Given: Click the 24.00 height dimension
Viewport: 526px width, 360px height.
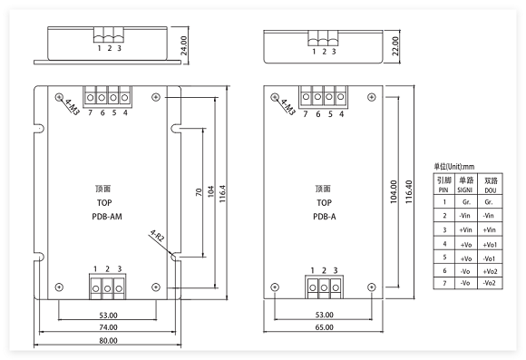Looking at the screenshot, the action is pos(183,45).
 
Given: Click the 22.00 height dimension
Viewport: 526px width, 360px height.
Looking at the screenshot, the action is pos(395,46).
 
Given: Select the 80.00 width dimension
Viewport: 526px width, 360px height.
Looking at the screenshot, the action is pos(108,341).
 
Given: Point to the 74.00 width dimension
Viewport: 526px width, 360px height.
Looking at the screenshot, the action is pos(108,327).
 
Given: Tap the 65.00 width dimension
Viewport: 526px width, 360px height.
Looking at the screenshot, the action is pos(324,327).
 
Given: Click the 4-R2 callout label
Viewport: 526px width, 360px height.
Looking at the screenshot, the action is pos(157,236).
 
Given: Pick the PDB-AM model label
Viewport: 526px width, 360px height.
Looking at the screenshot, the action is pos(107,217).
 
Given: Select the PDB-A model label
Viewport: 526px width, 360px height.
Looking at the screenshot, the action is pos(324,217).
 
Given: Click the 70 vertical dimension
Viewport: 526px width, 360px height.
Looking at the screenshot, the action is pos(199,192).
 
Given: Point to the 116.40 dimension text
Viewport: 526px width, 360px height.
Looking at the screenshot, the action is pos(409,191).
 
